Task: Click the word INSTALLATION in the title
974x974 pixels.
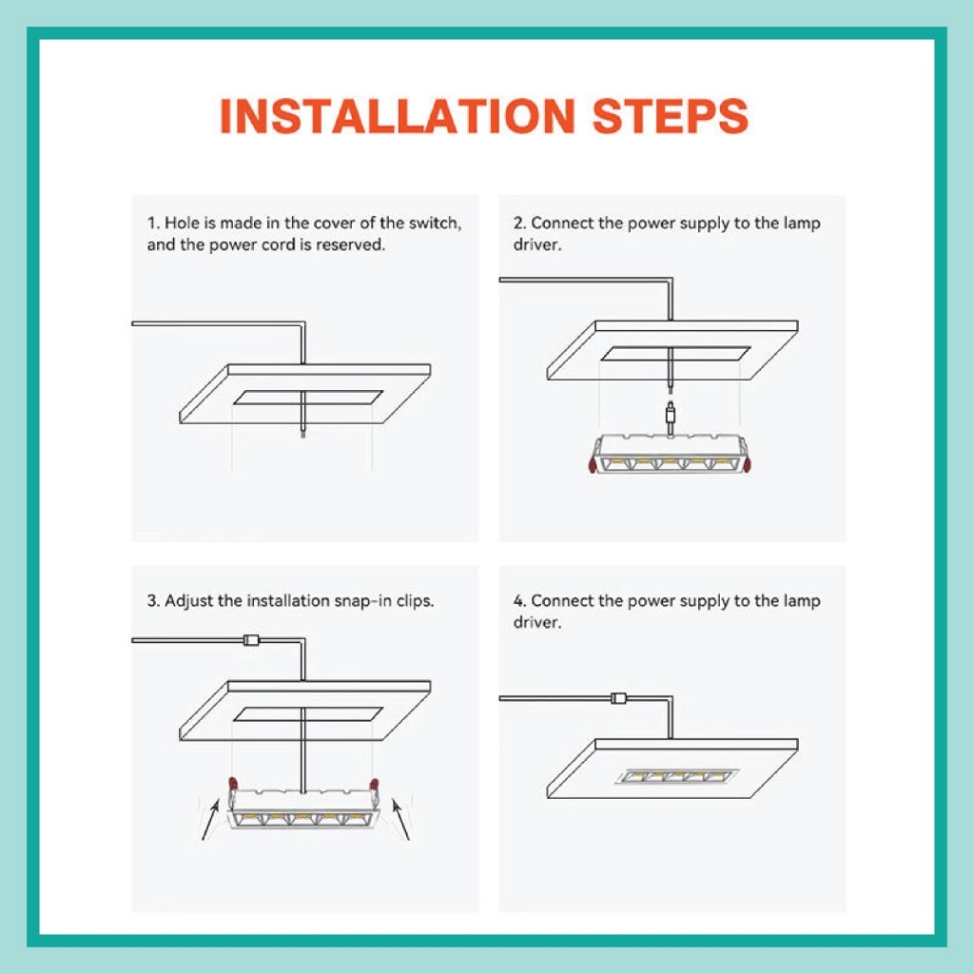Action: [398, 116]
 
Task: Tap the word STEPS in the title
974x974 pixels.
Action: [671, 116]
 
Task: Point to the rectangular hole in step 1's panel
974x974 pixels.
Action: [307, 398]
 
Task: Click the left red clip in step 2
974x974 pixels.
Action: [593, 464]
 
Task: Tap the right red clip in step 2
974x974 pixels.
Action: [748, 464]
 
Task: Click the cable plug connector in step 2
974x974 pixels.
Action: [671, 414]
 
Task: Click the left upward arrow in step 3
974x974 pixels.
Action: [210, 820]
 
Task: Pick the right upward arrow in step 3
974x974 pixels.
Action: [400, 820]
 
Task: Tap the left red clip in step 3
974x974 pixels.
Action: [233, 783]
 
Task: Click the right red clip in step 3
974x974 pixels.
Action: [374, 784]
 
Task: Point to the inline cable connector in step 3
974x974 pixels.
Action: [251, 640]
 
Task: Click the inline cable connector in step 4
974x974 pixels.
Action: [618, 698]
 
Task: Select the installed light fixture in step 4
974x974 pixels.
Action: [676, 776]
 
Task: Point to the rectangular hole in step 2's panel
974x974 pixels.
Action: [676, 354]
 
